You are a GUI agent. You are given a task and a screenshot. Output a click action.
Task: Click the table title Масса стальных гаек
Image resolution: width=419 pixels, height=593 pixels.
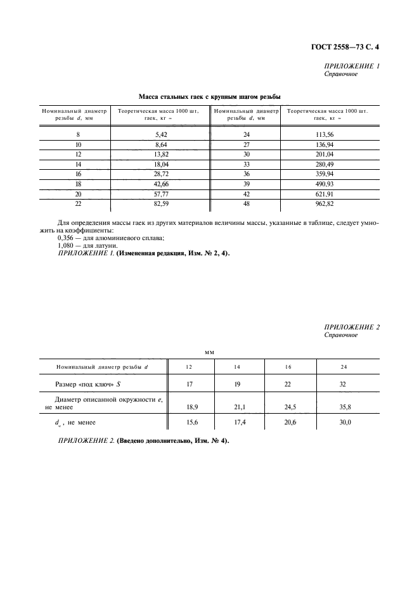(210, 96)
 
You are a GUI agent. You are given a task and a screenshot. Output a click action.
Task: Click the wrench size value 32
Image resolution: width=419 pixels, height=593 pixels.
(344, 385)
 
